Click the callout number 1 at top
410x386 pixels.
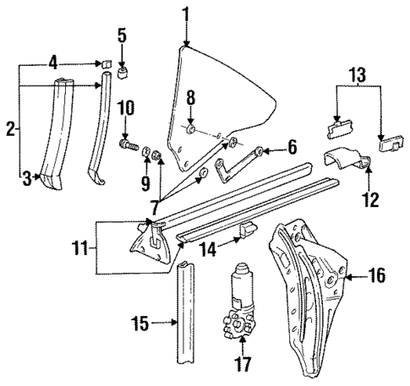(186, 14)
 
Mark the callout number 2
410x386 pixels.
(10, 128)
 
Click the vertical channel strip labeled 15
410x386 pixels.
(189, 321)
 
